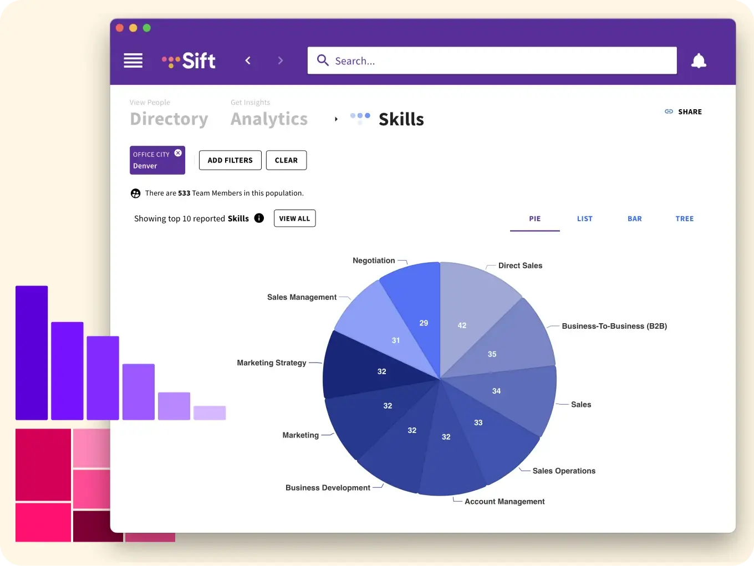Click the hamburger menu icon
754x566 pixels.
133,60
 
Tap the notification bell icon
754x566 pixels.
699,60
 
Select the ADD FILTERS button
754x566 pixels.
230,160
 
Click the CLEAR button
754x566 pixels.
286,160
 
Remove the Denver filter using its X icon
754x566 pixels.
178,153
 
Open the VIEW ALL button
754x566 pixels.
294,218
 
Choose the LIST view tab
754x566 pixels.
584,218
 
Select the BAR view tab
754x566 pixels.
634,218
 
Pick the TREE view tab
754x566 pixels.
684,218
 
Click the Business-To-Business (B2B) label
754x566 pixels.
614,326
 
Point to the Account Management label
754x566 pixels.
505,501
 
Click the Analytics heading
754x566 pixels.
269,119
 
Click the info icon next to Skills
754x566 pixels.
259,218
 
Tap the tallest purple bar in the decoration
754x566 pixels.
32,353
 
